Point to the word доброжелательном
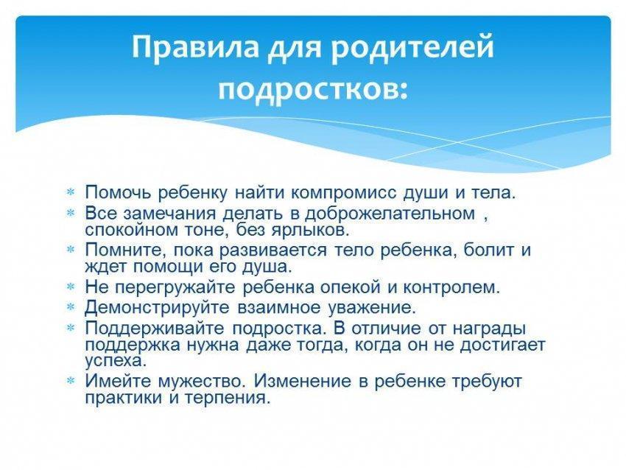coord(390,214)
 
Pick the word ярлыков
coord(311,231)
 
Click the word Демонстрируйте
coord(158,308)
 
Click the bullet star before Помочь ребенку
coord(71,193)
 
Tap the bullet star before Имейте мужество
coord(71,382)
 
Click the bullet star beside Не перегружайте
coord(71,287)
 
